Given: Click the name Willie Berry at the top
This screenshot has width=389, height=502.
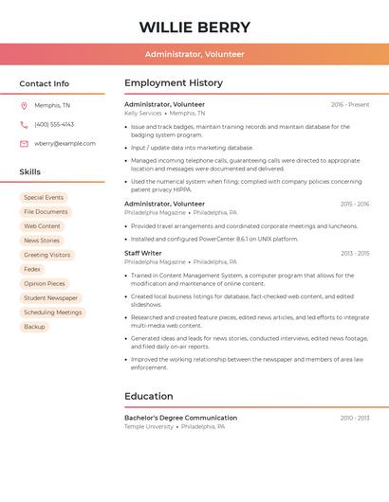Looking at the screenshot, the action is click(194, 27).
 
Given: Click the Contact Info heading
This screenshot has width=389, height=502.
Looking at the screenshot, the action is click(45, 83).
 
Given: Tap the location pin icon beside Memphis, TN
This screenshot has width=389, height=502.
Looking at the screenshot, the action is click(24, 105).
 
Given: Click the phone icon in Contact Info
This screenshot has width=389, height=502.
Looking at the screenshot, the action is click(24, 124).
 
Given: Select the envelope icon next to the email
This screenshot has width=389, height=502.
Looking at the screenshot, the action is click(24, 144).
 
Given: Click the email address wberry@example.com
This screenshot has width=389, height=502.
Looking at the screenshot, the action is click(65, 144).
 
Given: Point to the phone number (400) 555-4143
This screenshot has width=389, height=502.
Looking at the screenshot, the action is click(54, 124).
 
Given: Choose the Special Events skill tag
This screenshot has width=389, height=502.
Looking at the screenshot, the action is click(44, 198).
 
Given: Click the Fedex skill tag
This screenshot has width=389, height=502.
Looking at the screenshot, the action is click(32, 269).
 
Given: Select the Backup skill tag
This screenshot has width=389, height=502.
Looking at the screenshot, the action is click(34, 327).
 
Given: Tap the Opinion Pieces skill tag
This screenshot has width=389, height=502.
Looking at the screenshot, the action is click(45, 283).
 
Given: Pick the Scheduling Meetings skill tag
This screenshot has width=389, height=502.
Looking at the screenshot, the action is click(52, 313).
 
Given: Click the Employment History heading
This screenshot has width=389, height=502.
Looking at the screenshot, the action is click(174, 83).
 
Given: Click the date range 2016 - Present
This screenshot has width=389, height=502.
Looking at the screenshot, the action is click(350, 104).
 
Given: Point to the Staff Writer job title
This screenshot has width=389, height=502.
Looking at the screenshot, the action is click(143, 253).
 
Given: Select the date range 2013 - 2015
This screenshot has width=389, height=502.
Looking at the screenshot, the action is click(355, 253).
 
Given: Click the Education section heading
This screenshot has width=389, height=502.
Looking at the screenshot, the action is click(149, 396).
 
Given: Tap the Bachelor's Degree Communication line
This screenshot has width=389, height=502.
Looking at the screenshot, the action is click(180, 418).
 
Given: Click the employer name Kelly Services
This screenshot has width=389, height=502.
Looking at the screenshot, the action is click(143, 113).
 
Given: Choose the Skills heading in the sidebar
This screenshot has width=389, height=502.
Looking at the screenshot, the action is click(30, 171).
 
